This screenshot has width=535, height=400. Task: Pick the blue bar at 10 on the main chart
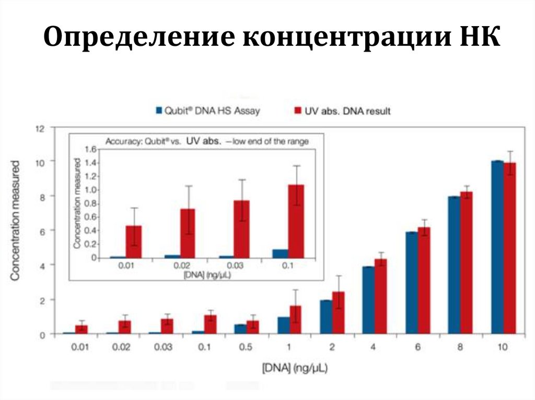[x=497, y=247]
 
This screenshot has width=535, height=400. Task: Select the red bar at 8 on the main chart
[x=466, y=263]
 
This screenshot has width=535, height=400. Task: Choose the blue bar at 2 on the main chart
[x=326, y=317]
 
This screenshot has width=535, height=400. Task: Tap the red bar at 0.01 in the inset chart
[x=134, y=241]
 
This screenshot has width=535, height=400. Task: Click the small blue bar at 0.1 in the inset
[x=280, y=253]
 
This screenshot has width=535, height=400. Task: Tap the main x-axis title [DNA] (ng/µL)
[x=294, y=369]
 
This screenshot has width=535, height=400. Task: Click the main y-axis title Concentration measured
[x=16, y=221]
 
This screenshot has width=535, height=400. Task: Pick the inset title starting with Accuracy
[x=207, y=141]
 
